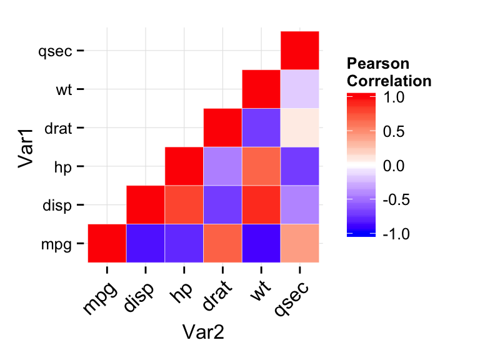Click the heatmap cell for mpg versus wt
pos(261,242)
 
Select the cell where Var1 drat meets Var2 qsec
pos(300,127)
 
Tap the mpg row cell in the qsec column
pos(300,242)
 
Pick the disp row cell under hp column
pos(184,204)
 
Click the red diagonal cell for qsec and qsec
pos(300,51)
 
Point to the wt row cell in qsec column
pos(300,89)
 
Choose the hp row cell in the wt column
pos(261,166)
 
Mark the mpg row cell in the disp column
pos(146,242)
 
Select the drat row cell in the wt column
pos(261,127)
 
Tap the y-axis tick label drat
pos(59,129)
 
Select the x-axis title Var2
pos(203,332)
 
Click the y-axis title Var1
pos(26,147)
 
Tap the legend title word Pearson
pos(377,64)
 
